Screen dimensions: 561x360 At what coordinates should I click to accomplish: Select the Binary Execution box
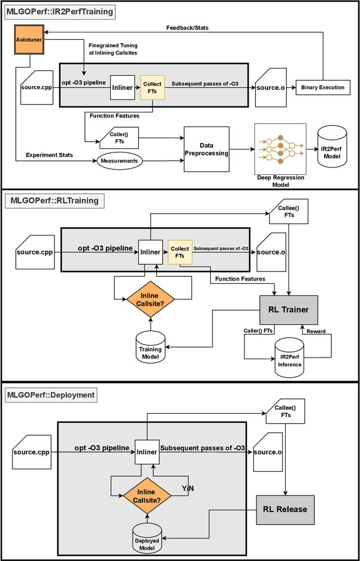coord(322,87)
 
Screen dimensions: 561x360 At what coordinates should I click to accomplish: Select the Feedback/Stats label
coord(188,28)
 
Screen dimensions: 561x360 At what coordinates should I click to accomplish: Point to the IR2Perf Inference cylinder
coord(290,356)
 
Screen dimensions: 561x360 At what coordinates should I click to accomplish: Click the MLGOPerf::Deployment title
coord(51,395)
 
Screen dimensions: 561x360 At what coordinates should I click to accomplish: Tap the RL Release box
coord(285,509)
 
